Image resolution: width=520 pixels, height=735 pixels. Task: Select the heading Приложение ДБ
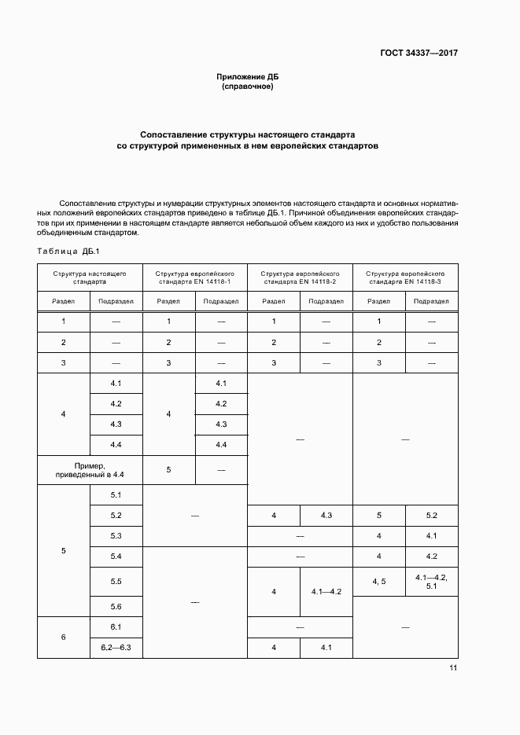(248, 76)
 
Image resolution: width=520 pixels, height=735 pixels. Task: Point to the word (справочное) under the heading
(248, 86)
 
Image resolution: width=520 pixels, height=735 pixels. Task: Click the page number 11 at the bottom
(453, 668)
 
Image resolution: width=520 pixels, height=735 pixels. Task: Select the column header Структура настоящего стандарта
(90, 277)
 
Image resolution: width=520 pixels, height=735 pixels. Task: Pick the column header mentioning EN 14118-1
(194, 277)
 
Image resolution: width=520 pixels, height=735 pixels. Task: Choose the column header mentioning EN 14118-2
(300, 277)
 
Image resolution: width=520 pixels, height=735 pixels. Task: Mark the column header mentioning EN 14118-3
(405, 277)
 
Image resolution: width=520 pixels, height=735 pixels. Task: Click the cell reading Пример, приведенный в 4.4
(90, 470)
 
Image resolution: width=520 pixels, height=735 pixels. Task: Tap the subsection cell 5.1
(116, 495)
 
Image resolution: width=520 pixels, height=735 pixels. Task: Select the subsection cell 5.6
(116, 607)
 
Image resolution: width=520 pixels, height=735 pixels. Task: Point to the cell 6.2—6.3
(116, 647)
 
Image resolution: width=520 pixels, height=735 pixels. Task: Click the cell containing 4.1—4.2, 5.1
(431, 581)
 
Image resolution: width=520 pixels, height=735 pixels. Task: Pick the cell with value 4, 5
(378, 581)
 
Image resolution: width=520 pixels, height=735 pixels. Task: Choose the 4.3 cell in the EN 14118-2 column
(326, 516)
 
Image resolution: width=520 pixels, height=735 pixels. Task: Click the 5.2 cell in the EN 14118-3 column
(431, 516)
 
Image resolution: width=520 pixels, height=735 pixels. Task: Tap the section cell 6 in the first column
(63, 637)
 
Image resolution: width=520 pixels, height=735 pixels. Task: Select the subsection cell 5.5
(116, 581)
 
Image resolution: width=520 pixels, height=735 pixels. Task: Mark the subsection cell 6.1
(116, 627)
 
